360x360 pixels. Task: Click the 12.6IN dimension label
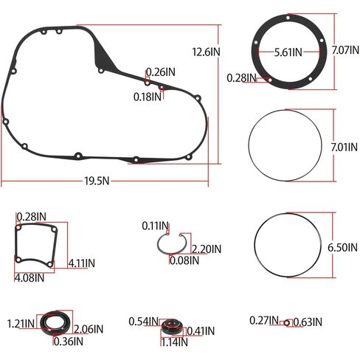tap(206, 52)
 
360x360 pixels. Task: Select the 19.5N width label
tap(97, 181)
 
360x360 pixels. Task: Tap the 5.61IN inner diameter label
tap(288, 52)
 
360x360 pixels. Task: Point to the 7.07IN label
tap(345, 50)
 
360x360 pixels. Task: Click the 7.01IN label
tap(344, 147)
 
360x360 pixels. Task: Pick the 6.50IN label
tap(342, 247)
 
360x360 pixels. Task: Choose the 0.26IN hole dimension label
tap(161, 72)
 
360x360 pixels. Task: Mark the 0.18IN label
tap(148, 97)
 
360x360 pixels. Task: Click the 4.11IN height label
tap(82, 263)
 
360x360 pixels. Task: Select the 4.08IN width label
tap(30, 278)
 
